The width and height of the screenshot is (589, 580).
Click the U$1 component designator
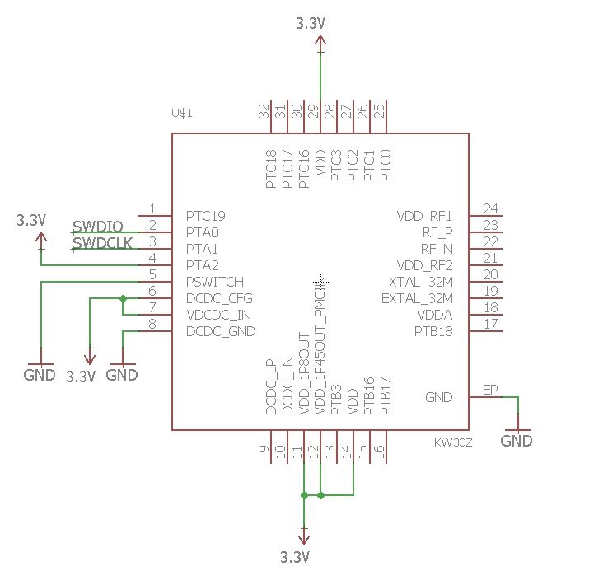pos(181,113)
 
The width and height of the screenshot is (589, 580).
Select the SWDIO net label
pos(98,227)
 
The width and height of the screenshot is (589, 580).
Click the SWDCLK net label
pos(102,243)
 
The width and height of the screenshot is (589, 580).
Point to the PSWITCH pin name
pos(214,282)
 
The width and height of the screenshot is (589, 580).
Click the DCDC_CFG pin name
pos(219,298)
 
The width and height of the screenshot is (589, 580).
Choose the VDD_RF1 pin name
pos(425,216)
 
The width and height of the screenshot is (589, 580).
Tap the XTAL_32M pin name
pos(421,282)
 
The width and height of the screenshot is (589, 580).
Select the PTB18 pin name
pos(433,331)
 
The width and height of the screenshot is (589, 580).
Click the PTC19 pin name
pos(206,216)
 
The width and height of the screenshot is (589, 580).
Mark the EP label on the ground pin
pos(490,390)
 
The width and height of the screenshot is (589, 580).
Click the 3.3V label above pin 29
pos(311,24)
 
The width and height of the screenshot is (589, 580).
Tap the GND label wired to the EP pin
pos(517,441)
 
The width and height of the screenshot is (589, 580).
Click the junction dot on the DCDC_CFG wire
pos(123,298)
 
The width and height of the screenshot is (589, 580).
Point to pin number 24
pos(491,208)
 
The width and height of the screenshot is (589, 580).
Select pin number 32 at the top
pos(264,111)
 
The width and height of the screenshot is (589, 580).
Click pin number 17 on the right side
pos(491,324)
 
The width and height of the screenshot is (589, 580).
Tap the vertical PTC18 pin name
pos(271,169)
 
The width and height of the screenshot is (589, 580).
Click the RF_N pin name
pos(437,249)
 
